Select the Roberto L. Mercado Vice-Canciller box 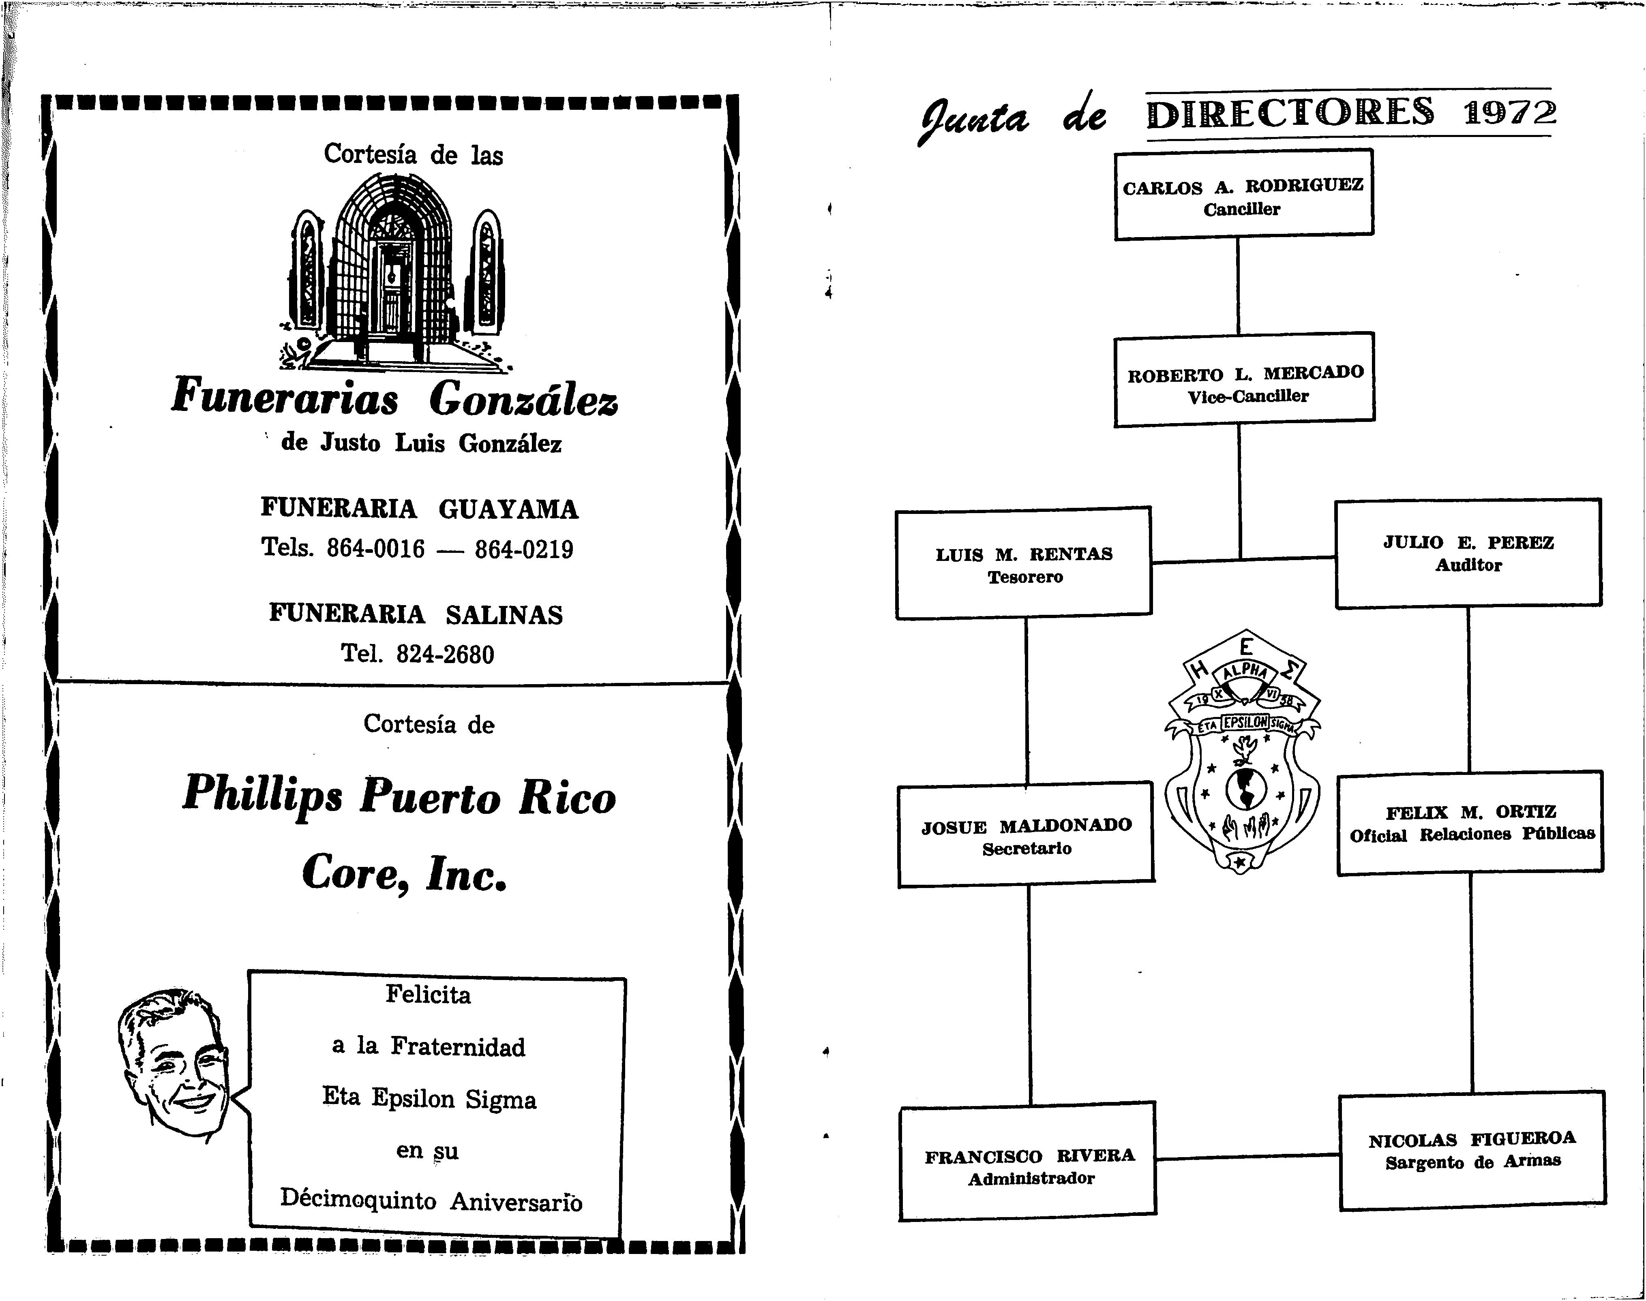point(1244,380)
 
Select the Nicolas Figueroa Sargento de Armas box point(1472,1150)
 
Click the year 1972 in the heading point(1509,113)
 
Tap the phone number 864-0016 point(376,548)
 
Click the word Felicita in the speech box point(428,995)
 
